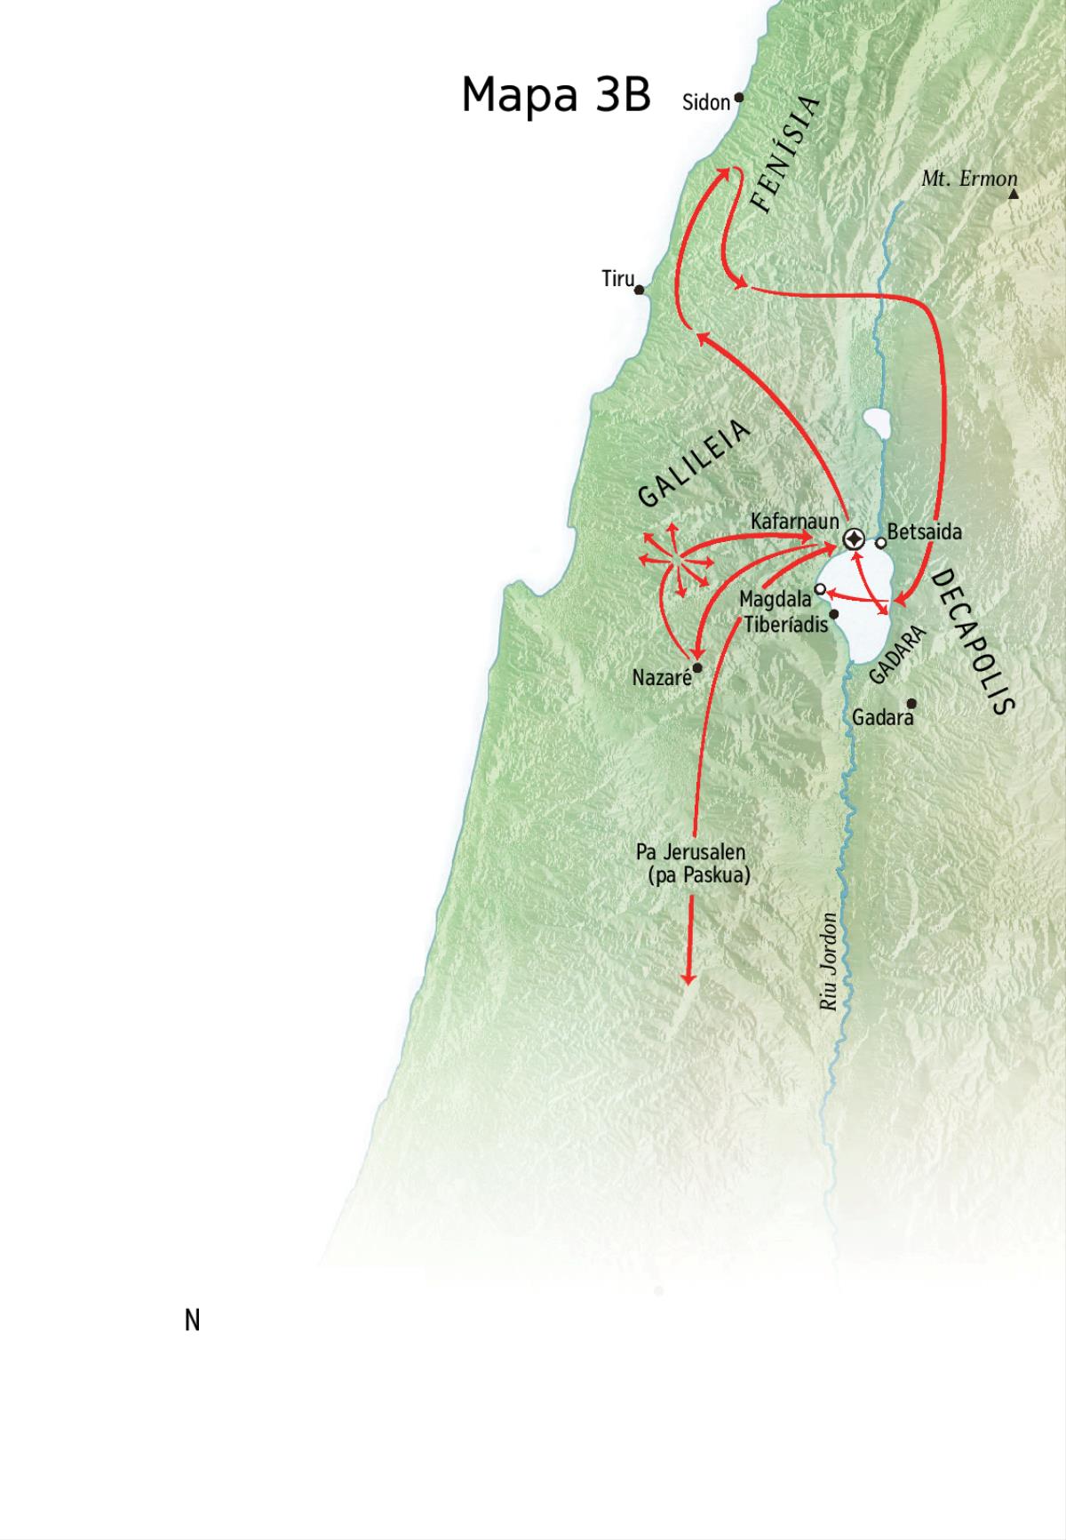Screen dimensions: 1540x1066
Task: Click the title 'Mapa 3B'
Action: tap(556, 94)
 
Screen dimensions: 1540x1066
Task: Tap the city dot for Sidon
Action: tap(738, 98)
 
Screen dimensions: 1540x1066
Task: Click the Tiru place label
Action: tap(618, 279)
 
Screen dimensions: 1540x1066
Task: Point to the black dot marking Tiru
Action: tap(639, 290)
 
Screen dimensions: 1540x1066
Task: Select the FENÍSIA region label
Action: tap(784, 155)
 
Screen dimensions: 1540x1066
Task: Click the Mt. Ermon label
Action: tap(968, 179)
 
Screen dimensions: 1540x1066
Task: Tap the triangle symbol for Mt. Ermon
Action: tap(1014, 193)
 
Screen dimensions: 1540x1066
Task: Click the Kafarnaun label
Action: tap(794, 521)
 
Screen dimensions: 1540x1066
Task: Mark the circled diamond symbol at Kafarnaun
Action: tap(854, 539)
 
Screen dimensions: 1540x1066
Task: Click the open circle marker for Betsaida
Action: tap(880, 542)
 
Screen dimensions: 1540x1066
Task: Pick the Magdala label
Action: tap(775, 600)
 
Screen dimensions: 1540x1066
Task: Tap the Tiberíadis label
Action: tap(785, 624)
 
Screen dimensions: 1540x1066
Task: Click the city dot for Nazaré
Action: tap(697, 667)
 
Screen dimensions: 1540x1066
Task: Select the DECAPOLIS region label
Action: tap(972, 641)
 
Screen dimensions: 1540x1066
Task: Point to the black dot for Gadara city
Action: tap(911, 704)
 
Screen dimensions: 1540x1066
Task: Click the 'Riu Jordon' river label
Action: tap(829, 962)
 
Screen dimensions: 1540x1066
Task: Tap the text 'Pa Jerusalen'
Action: tap(690, 852)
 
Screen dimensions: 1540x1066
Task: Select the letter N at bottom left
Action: tap(192, 1321)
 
